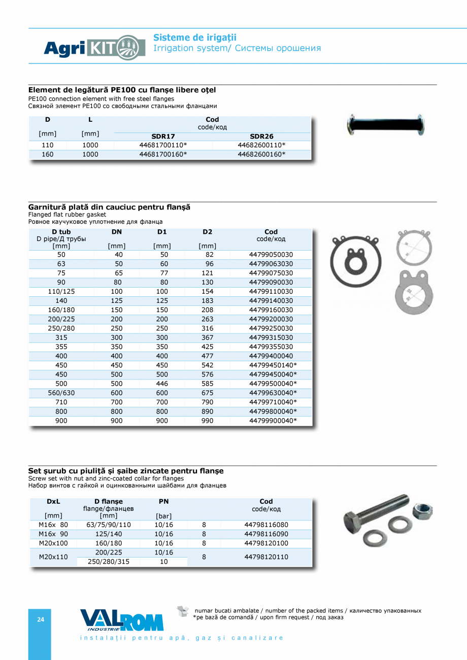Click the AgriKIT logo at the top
[94, 48]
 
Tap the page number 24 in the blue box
[40, 619]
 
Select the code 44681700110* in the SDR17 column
[163, 145]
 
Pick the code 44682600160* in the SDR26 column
[261, 154]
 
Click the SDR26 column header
[261, 136]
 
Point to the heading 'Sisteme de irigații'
[195, 38]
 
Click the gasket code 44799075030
[271, 273]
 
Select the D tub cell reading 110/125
[61, 292]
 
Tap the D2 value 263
[207, 319]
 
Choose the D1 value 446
[162, 384]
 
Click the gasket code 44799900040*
[273, 421]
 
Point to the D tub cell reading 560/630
[61, 393]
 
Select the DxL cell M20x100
[53, 543]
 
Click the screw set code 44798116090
[266, 534]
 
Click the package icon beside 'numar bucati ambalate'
[182, 611]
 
